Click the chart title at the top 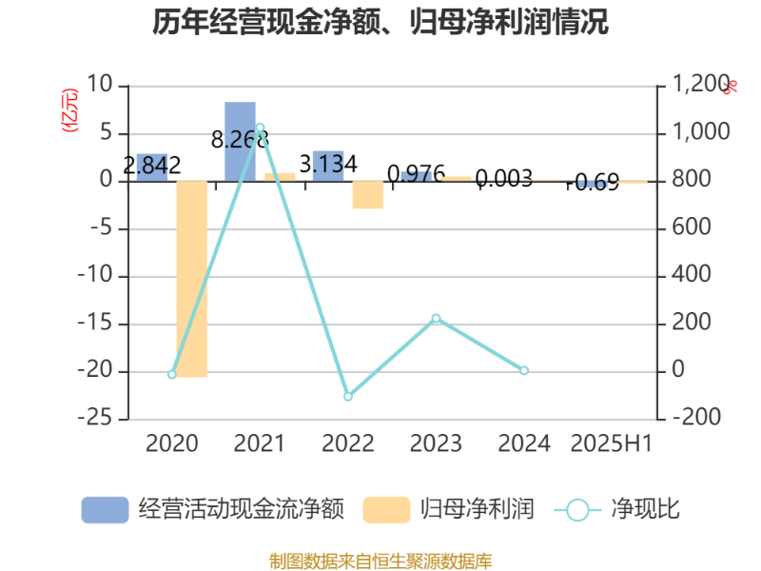click(x=380, y=22)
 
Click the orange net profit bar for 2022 click(x=368, y=195)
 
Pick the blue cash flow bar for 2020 click(x=152, y=167)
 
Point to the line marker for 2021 click(x=260, y=127)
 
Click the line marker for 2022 click(x=348, y=396)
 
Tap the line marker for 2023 click(x=436, y=318)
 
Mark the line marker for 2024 click(x=524, y=370)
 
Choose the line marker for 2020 click(x=172, y=375)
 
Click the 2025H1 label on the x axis click(x=611, y=443)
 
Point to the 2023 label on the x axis click(x=436, y=443)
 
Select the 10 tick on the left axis click(x=100, y=85)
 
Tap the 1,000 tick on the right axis click(x=697, y=132)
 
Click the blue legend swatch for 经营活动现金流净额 click(x=104, y=509)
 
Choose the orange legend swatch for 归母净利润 click(x=386, y=509)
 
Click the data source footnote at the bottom click(x=380, y=561)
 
